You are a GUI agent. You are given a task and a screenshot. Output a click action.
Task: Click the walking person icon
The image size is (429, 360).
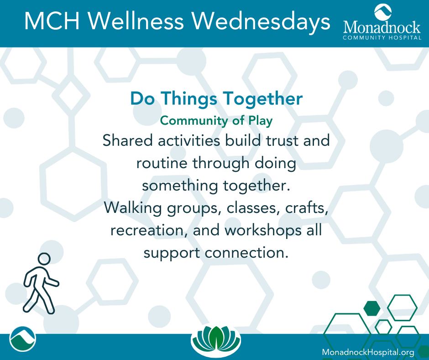tap(41, 284)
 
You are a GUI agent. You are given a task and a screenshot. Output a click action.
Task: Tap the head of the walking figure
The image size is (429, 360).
tap(44, 259)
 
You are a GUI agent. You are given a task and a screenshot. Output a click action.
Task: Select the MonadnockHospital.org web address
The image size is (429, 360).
tap(368, 352)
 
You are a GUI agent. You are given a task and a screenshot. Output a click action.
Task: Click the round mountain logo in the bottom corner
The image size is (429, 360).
tap(22, 339)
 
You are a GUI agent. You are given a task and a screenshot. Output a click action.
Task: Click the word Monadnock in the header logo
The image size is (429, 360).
tap(382, 28)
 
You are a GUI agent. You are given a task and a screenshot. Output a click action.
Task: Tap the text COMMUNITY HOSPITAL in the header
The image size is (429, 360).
tap(382, 38)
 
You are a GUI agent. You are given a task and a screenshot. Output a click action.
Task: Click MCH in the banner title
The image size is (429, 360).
tap(52, 21)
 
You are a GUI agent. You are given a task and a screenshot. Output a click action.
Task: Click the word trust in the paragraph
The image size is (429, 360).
tap(283, 141)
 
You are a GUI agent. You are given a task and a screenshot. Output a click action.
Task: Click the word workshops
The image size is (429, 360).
tap(262, 231)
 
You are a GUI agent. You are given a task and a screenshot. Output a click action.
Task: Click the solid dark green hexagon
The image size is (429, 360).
tap(372, 308)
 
